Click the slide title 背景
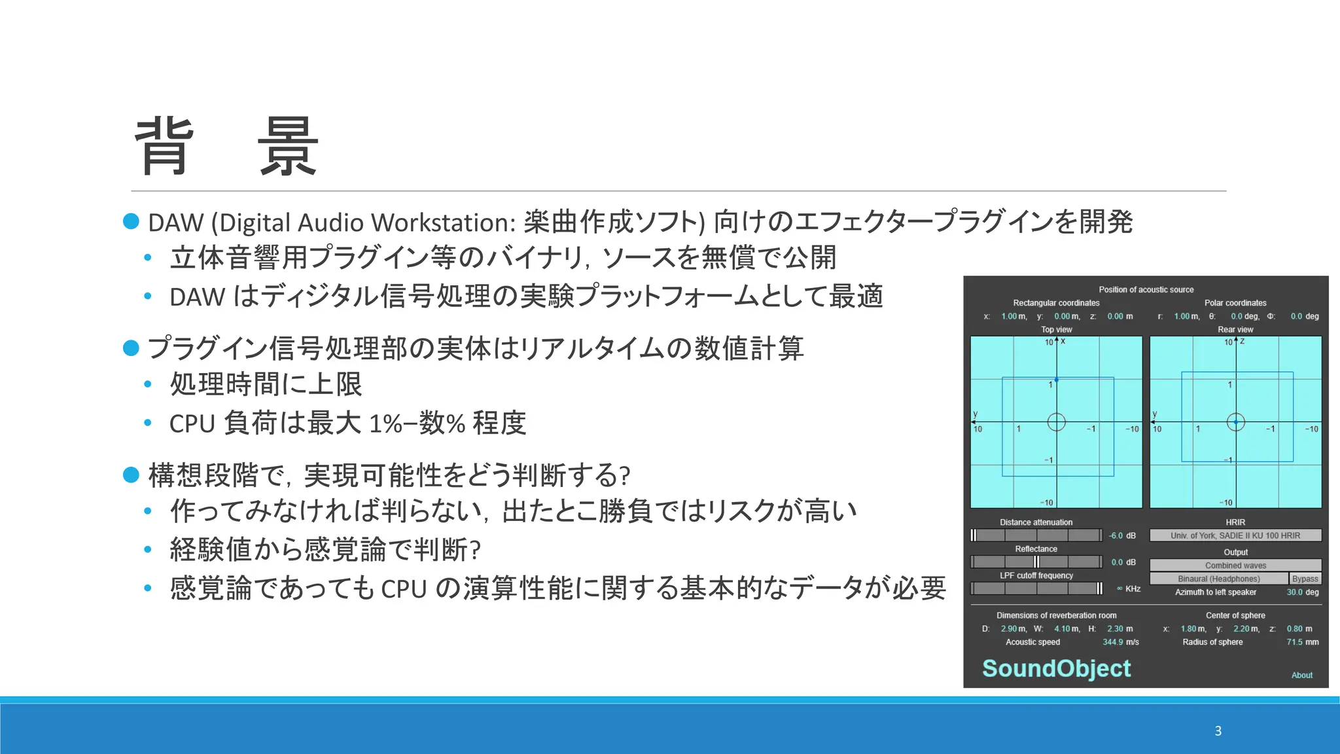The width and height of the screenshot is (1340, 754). point(226,147)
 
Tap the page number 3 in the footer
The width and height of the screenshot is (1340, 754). point(1218,731)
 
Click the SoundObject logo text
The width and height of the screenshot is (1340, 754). point(1056,668)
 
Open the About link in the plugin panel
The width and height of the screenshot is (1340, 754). point(1301,675)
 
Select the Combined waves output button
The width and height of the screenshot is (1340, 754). point(1235,565)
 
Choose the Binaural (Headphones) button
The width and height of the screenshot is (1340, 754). point(1218,579)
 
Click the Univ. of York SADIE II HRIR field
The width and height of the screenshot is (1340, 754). point(1235,535)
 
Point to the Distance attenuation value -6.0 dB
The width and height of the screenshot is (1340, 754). point(1121,535)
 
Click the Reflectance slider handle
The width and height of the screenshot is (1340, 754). point(1036,562)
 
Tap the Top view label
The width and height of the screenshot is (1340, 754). point(1056,330)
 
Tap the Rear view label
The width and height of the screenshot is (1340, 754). point(1235,330)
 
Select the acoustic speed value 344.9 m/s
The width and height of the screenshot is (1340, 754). point(1120,642)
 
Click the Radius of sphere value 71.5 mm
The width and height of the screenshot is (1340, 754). point(1302,642)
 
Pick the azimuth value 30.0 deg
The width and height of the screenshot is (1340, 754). point(1302,592)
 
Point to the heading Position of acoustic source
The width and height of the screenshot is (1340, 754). point(1146,289)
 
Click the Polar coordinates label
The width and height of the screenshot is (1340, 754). point(1235,303)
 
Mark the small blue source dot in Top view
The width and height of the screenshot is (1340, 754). point(1056,380)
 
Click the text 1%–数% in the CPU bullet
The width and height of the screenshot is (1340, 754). point(416,423)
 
